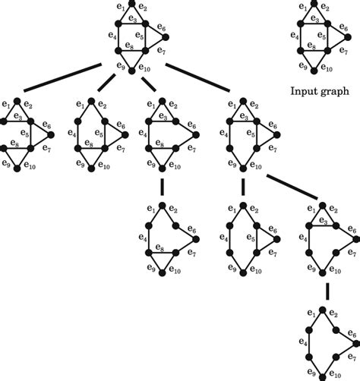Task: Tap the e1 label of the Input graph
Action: pos(303,7)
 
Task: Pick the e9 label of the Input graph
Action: pos(302,68)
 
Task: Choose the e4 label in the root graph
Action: pos(112,35)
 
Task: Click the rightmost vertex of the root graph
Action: pos(165,35)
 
